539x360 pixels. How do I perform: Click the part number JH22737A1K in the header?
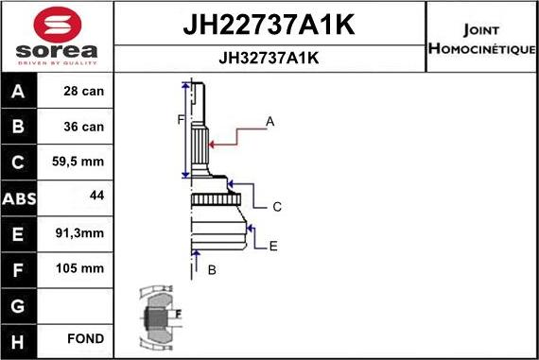(x=269, y=25)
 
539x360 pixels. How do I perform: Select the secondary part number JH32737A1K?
(x=269, y=58)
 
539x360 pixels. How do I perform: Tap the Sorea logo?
(x=57, y=35)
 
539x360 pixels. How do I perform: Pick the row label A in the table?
(x=19, y=92)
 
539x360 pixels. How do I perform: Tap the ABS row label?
(x=19, y=197)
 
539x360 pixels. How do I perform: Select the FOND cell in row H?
(x=85, y=338)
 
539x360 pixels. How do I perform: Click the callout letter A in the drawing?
(x=269, y=121)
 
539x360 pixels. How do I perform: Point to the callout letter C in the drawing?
(x=277, y=206)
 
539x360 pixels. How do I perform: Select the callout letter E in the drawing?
(x=273, y=247)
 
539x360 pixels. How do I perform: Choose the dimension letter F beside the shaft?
(x=179, y=119)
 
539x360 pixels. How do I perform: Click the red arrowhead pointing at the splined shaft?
(x=214, y=144)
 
